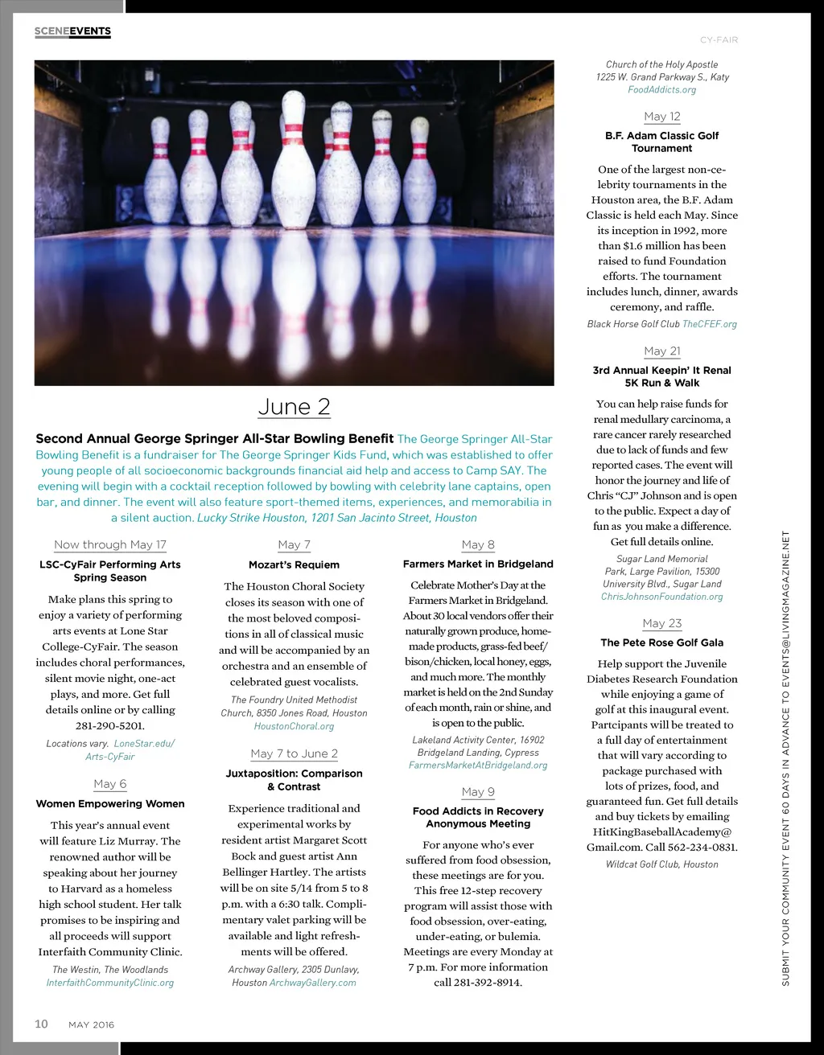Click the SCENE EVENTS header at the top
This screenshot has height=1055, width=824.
72,31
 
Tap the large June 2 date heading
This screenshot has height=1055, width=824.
294,407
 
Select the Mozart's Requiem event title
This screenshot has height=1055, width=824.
294,564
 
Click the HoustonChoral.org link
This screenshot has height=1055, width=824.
294,726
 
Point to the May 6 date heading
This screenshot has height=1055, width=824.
110,784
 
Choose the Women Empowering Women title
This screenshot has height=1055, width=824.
110,803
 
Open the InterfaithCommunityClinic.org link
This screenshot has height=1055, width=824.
110,983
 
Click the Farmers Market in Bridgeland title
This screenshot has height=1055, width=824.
478,564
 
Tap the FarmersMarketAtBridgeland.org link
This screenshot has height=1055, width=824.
478,766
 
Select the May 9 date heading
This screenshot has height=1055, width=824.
478,792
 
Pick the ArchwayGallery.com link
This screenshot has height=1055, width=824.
313,983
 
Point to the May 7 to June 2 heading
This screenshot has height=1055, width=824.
294,754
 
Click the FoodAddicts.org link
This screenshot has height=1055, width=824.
661,90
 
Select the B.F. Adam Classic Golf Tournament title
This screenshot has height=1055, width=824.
661,142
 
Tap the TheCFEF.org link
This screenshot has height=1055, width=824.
710,324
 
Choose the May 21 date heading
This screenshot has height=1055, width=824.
661,351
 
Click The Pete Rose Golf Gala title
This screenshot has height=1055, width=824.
661,642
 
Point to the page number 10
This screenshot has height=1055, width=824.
41,1024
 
